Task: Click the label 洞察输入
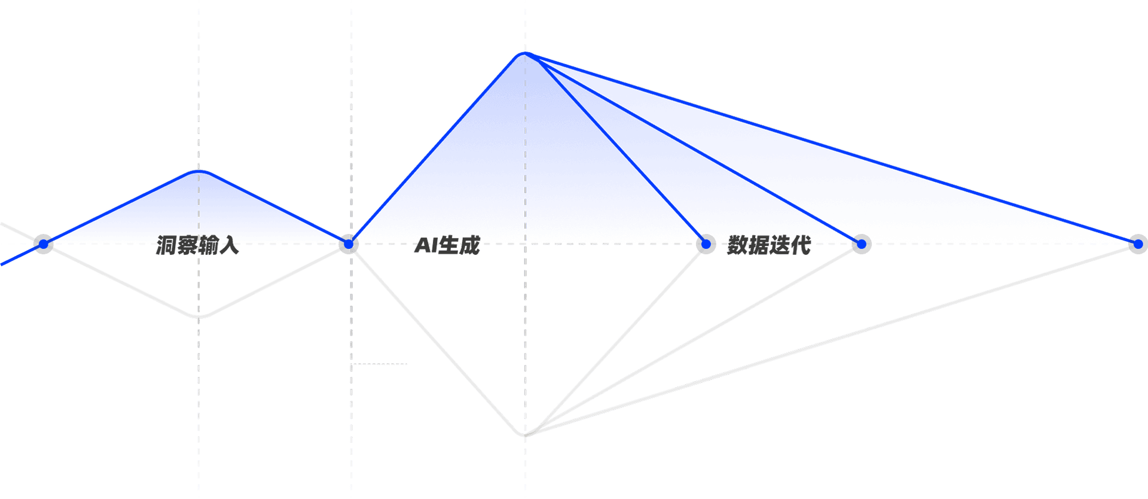tap(197, 245)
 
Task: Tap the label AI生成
tap(447, 245)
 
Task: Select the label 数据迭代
tap(769, 245)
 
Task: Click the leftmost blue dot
tap(44, 244)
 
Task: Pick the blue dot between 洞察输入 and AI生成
tap(349, 244)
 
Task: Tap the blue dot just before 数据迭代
tap(706, 244)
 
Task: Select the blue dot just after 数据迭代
tap(862, 244)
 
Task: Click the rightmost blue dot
tap(1138, 244)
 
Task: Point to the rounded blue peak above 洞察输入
tap(199, 172)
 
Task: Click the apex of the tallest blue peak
tap(525, 53)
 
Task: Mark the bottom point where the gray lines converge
tap(525, 434)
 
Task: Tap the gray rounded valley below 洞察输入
tap(199, 316)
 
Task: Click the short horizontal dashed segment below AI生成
tap(380, 363)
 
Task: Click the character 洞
tap(166, 245)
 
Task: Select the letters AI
tap(426, 245)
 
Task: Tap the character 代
tap(801, 245)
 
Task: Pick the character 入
tap(229, 245)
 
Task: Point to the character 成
tap(470, 245)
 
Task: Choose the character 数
tap(738, 245)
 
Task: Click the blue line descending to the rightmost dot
tap(832, 149)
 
